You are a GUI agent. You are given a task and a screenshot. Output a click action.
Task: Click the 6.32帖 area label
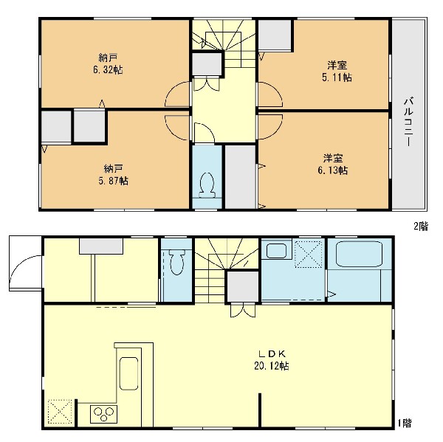click(x=108, y=70)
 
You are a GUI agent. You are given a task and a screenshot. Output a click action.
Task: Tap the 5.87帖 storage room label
click(x=113, y=181)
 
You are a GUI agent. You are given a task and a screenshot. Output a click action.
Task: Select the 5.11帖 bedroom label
click(x=337, y=77)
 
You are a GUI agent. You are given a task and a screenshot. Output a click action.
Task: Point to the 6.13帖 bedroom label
click(x=333, y=170)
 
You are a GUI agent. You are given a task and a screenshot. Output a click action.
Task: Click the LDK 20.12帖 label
click(x=272, y=360)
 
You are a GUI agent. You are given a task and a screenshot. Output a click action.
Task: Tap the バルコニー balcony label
click(x=408, y=122)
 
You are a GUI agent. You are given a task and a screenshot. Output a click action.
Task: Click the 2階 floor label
click(x=421, y=227)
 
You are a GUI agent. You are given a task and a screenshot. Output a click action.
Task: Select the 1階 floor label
click(x=405, y=423)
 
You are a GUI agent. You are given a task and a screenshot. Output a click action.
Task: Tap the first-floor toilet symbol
click(x=176, y=261)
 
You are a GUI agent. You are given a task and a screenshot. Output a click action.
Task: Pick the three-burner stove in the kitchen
click(x=103, y=414)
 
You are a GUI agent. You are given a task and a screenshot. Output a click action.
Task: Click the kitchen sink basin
click(x=128, y=373)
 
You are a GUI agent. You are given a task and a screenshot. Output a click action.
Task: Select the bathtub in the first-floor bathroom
click(x=359, y=254)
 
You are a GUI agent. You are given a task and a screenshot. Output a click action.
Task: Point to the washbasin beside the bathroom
click(x=276, y=251)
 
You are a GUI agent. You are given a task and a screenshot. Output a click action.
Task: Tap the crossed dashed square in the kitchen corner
click(x=60, y=412)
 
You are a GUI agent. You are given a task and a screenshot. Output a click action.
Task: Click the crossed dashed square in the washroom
click(x=309, y=254)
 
